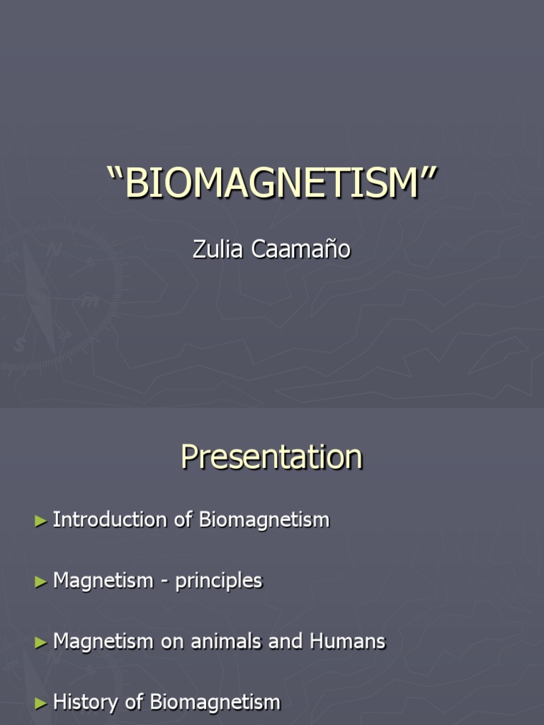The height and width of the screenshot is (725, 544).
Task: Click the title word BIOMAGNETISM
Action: click(x=272, y=183)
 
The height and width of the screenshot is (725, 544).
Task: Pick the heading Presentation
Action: click(x=271, y=457)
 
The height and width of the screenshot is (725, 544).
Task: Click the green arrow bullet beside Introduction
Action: click(x=40, y=520)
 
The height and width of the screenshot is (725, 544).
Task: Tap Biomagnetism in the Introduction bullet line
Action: click(x=264, y=520)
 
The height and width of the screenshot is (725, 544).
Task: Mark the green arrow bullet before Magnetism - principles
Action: click(x=40, y=582)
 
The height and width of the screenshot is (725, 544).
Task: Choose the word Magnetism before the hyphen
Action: click(x=103, y=581)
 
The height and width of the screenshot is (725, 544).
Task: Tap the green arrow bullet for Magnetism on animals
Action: click(x=40, y=643)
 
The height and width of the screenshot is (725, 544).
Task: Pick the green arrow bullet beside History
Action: click(x=40, y=704)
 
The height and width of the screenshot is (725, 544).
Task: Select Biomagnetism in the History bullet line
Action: click(x=215, y=703)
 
